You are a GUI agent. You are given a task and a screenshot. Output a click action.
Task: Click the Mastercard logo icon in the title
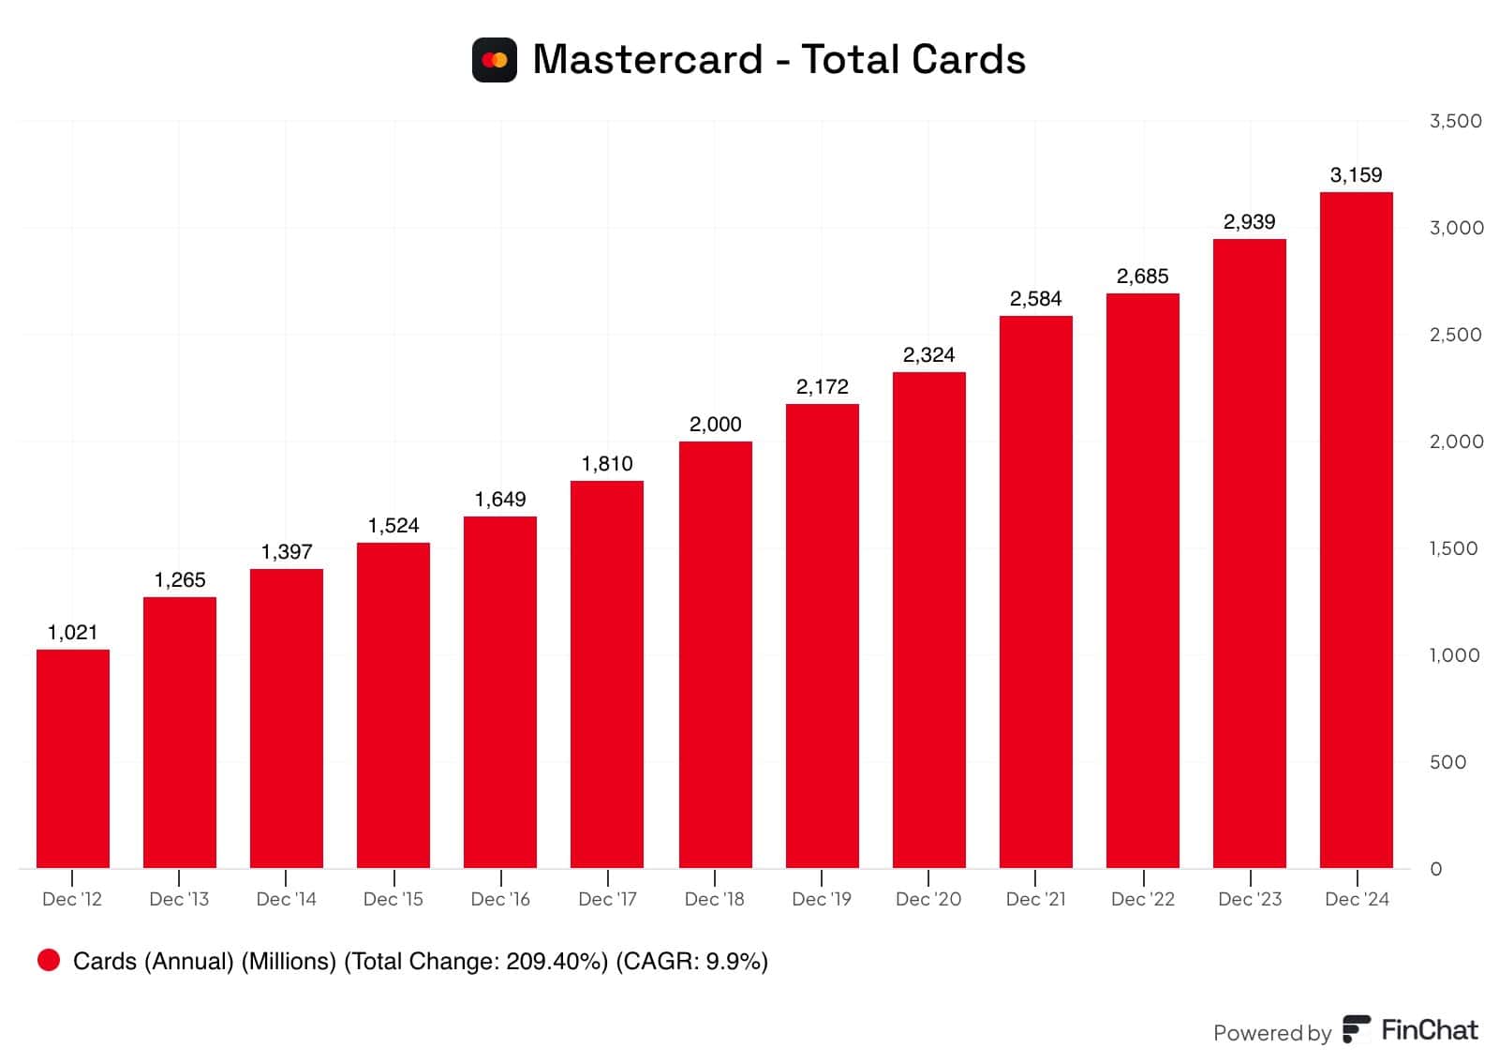point(494,60)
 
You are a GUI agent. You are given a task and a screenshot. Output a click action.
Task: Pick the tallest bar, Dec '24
point(1356,530)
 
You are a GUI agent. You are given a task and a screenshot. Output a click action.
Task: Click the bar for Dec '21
point(1035,591)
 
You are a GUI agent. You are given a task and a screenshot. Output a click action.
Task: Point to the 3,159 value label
point(1356,175)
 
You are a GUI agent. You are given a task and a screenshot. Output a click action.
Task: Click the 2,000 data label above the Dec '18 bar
point(715,425)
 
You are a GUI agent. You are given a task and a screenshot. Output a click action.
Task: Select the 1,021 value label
point(73,633)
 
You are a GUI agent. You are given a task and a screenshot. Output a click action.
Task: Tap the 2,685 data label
point(1142,277)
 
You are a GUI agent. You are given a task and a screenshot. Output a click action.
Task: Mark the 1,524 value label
point(393,526)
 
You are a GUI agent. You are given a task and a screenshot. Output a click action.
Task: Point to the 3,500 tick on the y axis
point(1455,121)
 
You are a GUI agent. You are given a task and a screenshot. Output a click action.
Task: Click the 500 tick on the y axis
point(1447,762)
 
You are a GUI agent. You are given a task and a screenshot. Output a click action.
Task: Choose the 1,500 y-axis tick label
point(1453,548)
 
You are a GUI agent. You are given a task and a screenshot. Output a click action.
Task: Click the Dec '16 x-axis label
point(500,899)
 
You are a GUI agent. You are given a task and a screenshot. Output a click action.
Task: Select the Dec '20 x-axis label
point(928,899)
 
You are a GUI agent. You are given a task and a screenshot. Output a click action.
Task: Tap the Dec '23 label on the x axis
point(1249,899)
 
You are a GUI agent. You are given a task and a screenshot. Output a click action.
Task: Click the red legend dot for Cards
point(49,960)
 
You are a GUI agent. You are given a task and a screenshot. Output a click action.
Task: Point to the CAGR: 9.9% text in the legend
point(691,961)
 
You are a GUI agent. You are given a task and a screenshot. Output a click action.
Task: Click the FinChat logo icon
point(1356,1029)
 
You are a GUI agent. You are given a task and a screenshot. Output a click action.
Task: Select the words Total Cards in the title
point(913,60)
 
